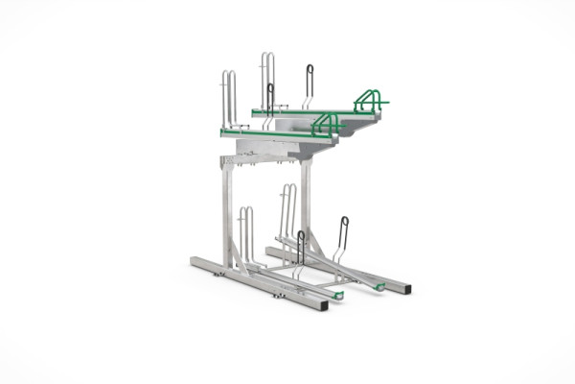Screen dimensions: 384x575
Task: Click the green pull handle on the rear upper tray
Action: [x=369, y=99]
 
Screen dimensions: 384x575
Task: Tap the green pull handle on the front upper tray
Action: [x=328, y=122]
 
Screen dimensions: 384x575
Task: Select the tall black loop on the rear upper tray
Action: [x=309, y=84]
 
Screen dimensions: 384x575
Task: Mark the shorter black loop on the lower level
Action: [x=300, y=248]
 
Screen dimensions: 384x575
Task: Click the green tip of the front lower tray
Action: [x=338, y=295]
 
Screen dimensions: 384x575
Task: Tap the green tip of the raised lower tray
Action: [x=379, y=287]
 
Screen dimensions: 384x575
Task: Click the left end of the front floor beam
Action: [x=195, y=262]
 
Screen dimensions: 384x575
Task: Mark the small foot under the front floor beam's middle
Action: [x=279, y=295]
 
